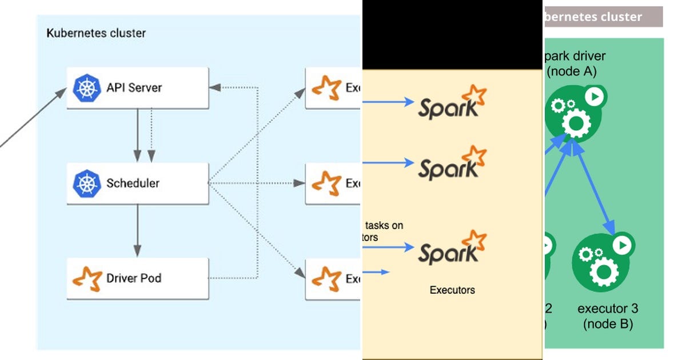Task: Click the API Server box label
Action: (134, 88)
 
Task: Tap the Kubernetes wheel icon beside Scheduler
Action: (87, 183)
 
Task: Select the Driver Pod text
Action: (134, 279)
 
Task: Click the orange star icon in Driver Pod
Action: (87, 278)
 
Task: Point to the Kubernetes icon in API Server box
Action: (87, 88)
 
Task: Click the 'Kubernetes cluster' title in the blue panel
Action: (95, 33)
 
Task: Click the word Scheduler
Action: (133, 183)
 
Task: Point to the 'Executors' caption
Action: (452, 290)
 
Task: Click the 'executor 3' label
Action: (607, 309)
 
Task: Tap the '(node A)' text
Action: (572, 71)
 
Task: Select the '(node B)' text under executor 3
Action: (607, 324)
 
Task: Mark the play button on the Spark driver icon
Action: (594, 97)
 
